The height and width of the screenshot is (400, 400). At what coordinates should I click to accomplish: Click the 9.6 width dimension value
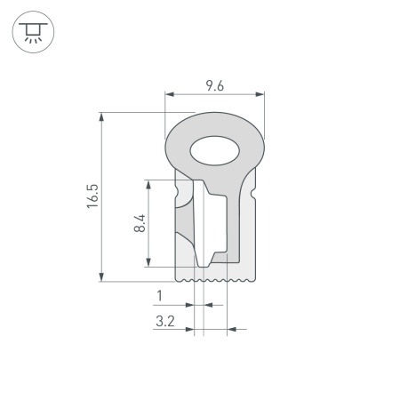pos(214,85)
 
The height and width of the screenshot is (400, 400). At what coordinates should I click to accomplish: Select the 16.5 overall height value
pos(92,196)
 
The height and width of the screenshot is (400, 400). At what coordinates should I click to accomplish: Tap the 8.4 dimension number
pos(139,222)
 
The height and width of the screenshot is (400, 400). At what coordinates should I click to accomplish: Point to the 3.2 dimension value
pos(164,322)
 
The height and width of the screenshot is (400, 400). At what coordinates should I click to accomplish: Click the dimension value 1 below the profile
pos(159,295)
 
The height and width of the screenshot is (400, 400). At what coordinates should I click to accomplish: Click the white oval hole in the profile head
pos(215,151)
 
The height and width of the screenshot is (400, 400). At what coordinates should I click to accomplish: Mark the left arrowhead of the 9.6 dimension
pos(170,94)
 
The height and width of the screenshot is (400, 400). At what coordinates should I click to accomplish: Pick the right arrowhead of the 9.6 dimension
pos(262,94)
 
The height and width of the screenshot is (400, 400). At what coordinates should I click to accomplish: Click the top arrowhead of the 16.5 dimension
pos(103,116)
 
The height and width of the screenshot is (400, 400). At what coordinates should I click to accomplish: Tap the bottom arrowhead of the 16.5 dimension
pos(103,278)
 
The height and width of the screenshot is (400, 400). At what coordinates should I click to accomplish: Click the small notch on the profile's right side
pos(255,190)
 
